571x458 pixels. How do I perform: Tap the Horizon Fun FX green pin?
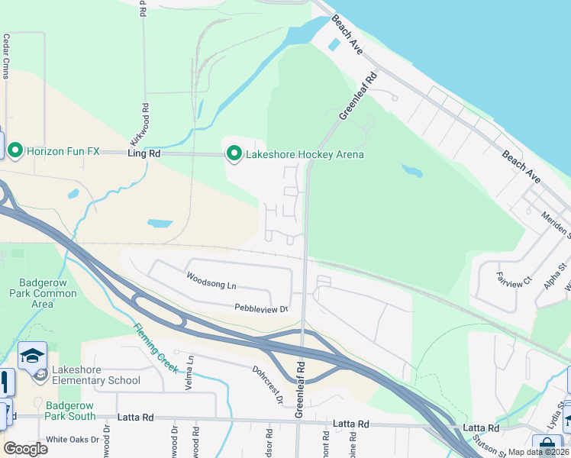(16, 151)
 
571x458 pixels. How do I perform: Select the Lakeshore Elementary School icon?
(33, 355)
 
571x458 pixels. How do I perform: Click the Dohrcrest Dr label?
(268, 384)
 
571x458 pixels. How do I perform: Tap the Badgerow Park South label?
(70, 411)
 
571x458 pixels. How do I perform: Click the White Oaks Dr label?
(73, 440)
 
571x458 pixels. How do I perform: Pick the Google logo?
(25, 449)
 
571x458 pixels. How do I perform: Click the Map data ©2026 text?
(539, 452)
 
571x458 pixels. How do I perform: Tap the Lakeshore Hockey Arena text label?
(304, 155)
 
